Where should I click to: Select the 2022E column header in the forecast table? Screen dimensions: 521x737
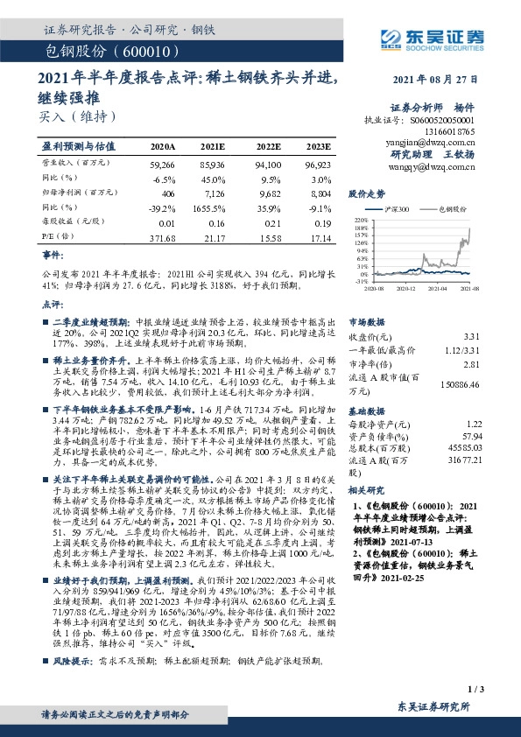click(x=268, y=147)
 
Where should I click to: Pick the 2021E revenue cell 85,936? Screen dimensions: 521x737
click(x=213, y=164)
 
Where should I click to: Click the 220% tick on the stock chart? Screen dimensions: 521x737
click(x=360, y=220)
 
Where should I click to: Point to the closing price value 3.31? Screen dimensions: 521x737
click(x=471, y=336)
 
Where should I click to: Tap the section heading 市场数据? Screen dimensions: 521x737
click(x=369, y=321)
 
